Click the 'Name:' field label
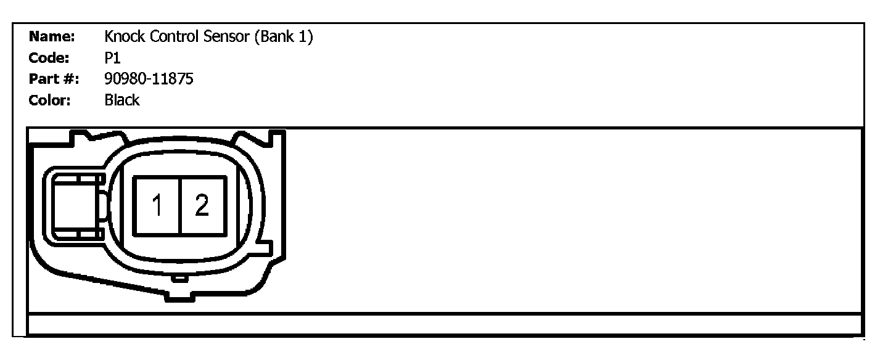coord(52,37)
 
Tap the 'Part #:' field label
coord(54,80)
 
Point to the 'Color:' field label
coord(51,100)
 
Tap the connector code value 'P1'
coord(113,58)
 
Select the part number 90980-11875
coord(149,80)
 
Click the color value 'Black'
coord(122,100)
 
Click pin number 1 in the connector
coord(157,205)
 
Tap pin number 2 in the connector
coord(202,205)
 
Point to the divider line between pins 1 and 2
coord(179,205)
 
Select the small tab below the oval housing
coord(179,279)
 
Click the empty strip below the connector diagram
coord(444,324)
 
